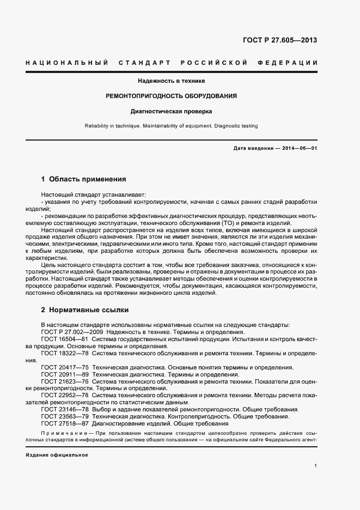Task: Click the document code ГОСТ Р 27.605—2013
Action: click(279, 40)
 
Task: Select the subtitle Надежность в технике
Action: click(171, 81)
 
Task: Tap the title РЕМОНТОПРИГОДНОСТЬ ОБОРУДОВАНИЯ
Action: click(171, 96)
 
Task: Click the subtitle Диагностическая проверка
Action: click(171, 112)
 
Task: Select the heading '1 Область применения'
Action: click(84, 179)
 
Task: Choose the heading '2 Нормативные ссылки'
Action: click(85, 310)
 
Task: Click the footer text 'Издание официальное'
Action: click(57, 454)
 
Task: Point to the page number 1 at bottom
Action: click(316, 466)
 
